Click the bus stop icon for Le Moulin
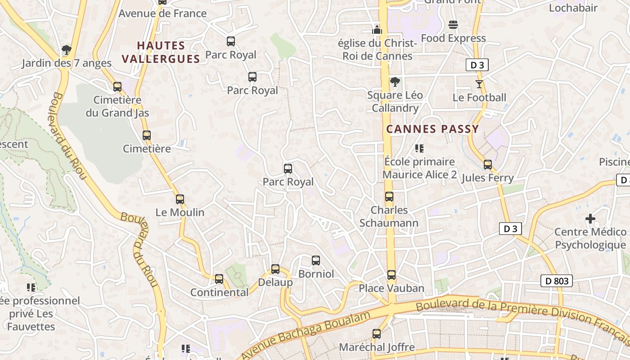180,199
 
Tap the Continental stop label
219,292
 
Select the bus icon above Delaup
275,269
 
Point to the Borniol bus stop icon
316,261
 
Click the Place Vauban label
391,288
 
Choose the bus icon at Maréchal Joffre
377,334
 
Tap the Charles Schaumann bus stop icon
389,197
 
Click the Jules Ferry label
487,178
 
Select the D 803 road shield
557,281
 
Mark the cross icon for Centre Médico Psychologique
590,219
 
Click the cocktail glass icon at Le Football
479,84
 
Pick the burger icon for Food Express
453,25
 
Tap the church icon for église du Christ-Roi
377,30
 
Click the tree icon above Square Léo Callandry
395,82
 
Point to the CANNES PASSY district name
432,129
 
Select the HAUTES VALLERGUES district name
161,52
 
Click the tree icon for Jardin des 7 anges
67,49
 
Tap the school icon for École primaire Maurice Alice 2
419,148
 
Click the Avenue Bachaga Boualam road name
306,335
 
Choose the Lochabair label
573,8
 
